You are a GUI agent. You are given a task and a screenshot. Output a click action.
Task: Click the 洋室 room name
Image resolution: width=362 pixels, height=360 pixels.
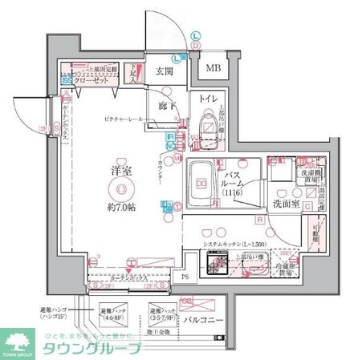point(122,172)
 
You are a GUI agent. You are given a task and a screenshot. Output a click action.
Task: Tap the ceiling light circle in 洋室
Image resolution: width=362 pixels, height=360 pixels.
point(121,189)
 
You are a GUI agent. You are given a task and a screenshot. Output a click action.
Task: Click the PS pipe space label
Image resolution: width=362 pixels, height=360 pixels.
point(186,277)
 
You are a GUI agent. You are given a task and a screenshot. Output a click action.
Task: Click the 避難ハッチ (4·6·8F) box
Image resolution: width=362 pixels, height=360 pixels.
point(113,312)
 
